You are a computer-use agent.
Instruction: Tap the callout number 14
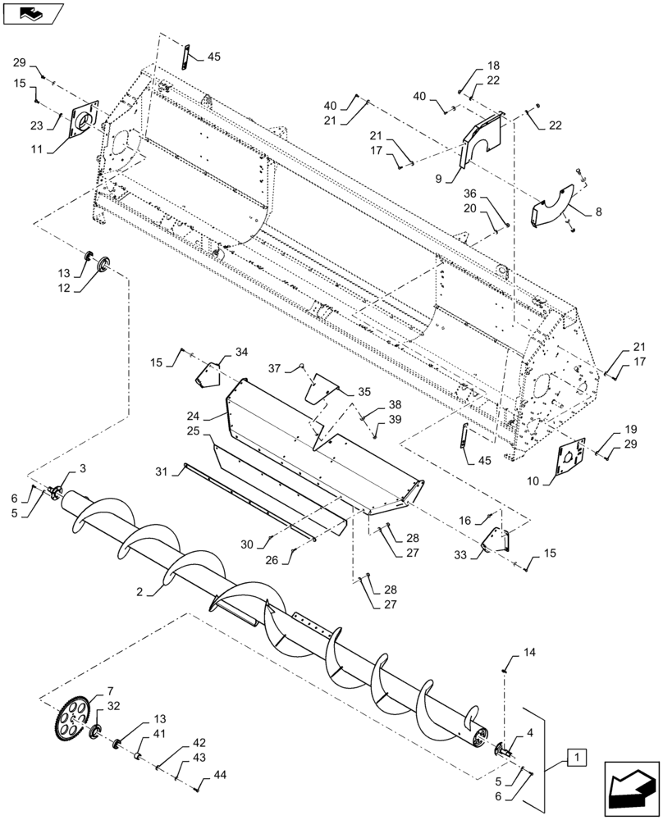529,653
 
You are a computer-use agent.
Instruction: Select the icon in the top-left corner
33,13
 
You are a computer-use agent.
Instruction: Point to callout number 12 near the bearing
63,288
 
